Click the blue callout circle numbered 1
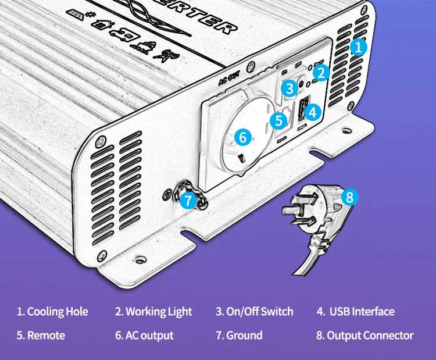click(x=359, y=47)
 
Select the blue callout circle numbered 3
click(x=289, y=88)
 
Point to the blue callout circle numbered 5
click(x=279, y=120)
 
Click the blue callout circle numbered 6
click(x=243, y=137)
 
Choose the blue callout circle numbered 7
click(x=188, y=201)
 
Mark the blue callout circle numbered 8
click(x=349, y=197)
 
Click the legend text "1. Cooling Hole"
click(x=52, y=312)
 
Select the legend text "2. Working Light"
click(x=153, y=312)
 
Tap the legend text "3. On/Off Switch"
click(x=255, y=312)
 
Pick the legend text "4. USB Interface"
click(x=355, y=312)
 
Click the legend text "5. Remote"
click(x=41, y=336)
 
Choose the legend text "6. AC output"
click(x=144, y=336)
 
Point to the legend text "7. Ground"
click(x=239, y=336)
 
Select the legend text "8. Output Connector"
click(x=365, y=336)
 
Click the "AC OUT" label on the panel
click(x=229, y=80)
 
